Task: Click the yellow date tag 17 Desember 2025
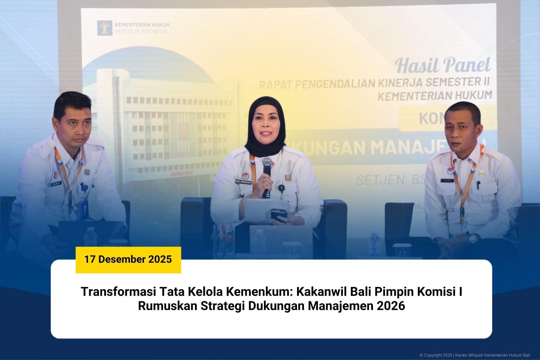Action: pos(128,259)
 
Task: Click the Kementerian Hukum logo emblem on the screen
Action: pos(105,28)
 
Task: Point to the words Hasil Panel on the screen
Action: pos(443,65)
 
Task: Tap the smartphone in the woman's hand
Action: pos(279,215)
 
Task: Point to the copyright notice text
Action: pos(475,355)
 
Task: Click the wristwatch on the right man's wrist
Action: pos(473,238)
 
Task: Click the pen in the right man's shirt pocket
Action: pos(478,185)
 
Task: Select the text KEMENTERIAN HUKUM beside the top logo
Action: pos(142,25)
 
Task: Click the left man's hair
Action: pos(72,101)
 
